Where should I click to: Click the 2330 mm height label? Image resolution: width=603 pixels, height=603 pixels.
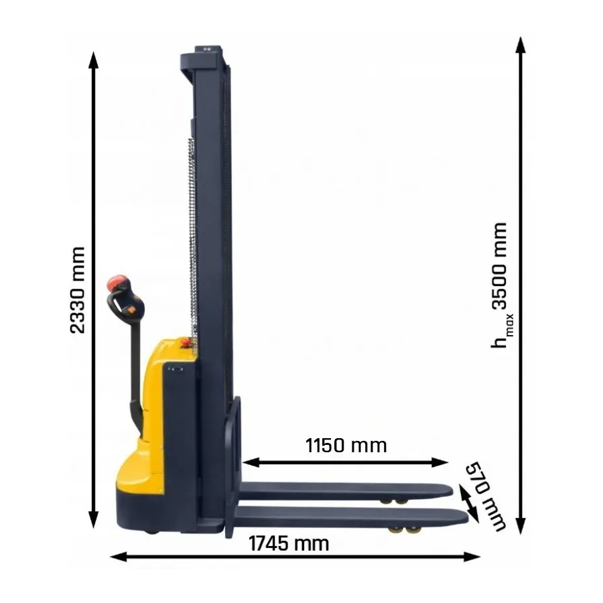click(x=77, y=290)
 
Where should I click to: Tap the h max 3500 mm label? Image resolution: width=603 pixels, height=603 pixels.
click(x=500, y=285)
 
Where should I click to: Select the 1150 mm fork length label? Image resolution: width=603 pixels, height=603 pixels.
click(x=346, y=446)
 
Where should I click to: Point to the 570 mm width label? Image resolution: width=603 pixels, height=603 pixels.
click(x=485, y=496)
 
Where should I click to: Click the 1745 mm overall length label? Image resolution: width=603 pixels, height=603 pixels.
click(x=289, y=544)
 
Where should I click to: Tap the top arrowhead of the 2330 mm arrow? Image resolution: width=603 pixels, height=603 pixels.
click(x=93, y=60)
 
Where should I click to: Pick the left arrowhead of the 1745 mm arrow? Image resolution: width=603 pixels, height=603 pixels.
click(x=119, y=557)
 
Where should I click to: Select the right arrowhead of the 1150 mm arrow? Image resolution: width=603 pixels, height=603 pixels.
click(x=440, y=462)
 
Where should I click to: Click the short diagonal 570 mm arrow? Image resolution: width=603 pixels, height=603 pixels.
click(x=469, y=504)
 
